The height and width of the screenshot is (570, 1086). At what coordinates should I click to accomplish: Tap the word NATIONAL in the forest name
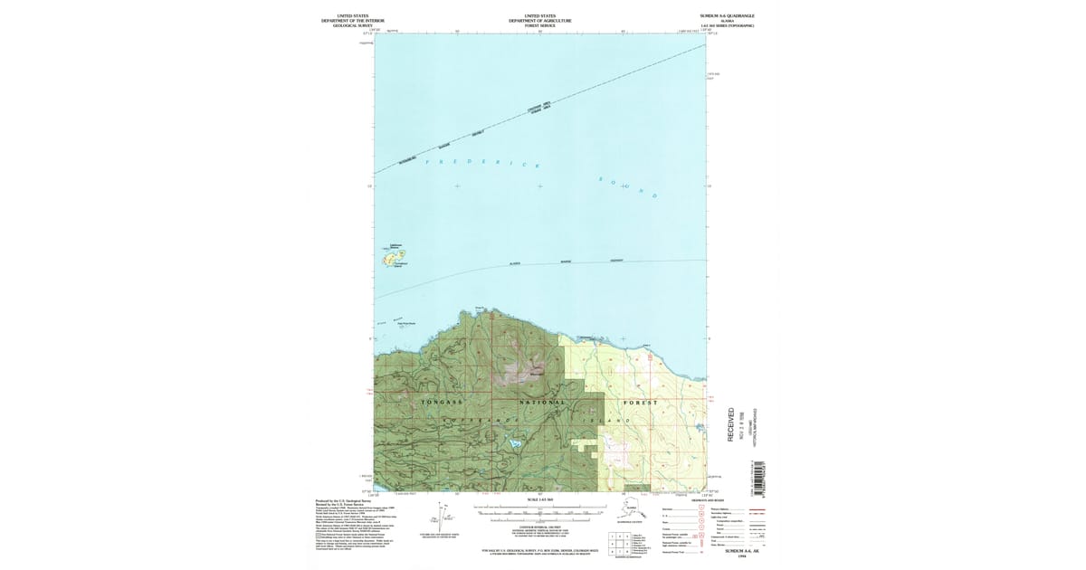click(x=543, y=402)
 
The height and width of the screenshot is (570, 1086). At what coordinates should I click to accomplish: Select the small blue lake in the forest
click(x=513, y=443)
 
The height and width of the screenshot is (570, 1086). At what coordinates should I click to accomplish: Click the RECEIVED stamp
click(x=731, y=424)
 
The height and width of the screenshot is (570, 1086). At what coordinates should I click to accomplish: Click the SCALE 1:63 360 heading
click(x=539, y=499)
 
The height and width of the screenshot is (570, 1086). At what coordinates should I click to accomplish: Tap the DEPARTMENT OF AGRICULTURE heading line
click(x=539, y=21)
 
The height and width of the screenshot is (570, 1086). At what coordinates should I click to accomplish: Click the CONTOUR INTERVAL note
click(x=539, y=526)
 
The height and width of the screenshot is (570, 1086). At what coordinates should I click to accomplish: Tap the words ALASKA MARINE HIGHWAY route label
click(x=566, y=262)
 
